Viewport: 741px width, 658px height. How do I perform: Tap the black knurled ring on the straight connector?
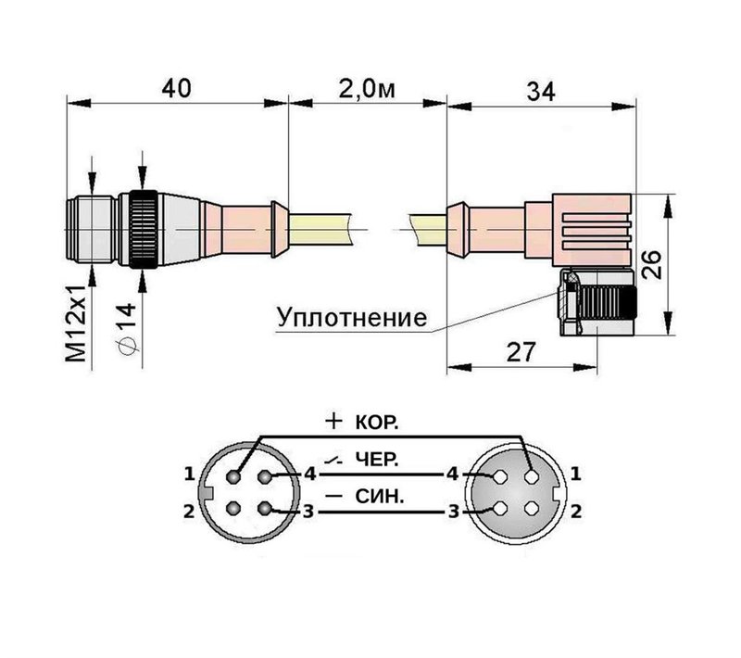pyautogui.click(x=143, y=228)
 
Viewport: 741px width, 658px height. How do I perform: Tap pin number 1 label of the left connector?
pyautogui.click(x=189, y=474)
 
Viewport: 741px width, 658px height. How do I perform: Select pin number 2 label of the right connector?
pyautogui.click(x=575, y=510)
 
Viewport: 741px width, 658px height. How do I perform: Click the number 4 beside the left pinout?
pyautogui.click(x=309, y=475)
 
